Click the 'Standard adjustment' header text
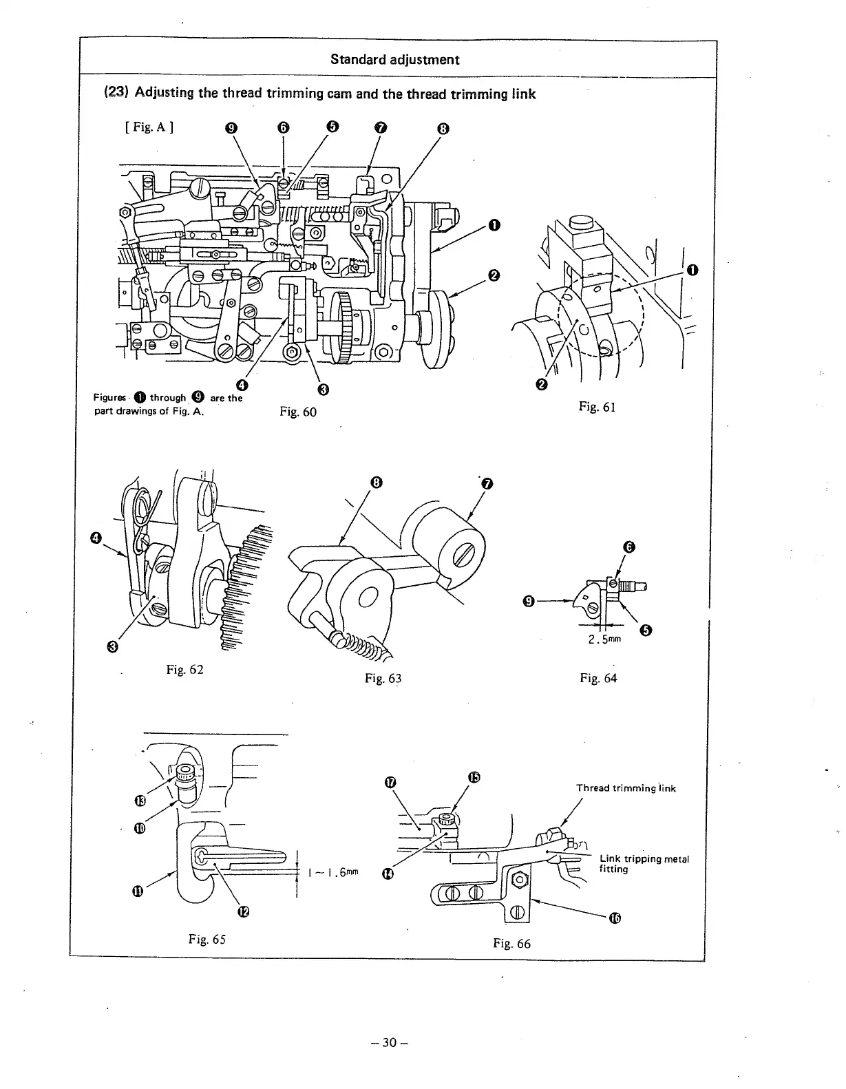coord(394,59)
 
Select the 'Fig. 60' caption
coord(298,412)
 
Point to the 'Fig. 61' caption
coord(597,407)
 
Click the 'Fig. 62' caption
coord(184,669)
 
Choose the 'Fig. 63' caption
coord(383,678)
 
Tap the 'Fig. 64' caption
coord(598,678)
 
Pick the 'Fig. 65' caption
coord(207,939)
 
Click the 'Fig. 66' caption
coord(511,943)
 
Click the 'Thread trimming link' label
coord(626,788)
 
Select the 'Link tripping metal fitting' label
coord(644,864)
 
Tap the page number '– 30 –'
coord(390,1043)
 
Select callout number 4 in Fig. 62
coord(96,537)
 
